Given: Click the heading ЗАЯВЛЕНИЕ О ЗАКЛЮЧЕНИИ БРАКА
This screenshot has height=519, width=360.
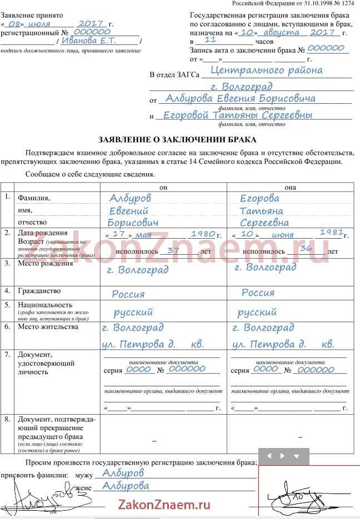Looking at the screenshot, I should (177, 139).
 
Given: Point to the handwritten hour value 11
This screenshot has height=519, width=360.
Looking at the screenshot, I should (210, 41).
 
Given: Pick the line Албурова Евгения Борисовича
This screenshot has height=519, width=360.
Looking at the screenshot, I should (240, 98).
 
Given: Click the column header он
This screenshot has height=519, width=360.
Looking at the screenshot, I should (163, 187).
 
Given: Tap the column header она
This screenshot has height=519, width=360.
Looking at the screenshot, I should (290, 187).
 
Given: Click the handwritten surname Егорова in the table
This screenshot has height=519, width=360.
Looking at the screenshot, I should (259, 198).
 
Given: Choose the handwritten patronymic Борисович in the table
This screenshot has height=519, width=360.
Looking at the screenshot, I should (133, 222).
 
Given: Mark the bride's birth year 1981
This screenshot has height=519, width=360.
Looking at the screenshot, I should (331, 233).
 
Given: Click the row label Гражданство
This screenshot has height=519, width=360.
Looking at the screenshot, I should (39, 291).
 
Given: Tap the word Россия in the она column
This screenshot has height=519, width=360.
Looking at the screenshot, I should (258, 293).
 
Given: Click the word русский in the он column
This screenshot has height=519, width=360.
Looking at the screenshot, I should (133, 313).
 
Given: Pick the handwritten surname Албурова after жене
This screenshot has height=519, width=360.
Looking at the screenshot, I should (122, 486).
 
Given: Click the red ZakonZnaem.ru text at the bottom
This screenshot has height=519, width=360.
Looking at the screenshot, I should (164, 505).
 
